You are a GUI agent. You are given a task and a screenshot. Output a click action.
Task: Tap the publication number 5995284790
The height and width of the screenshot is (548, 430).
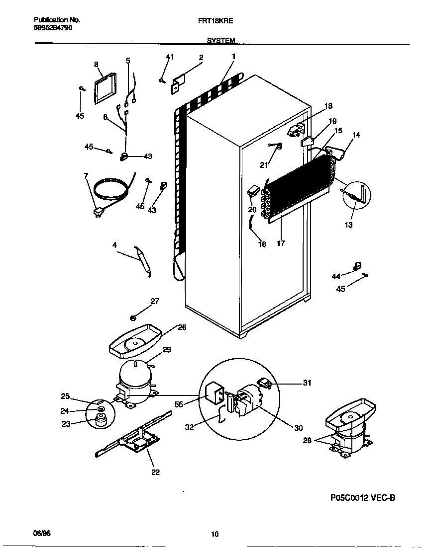coord(54,28)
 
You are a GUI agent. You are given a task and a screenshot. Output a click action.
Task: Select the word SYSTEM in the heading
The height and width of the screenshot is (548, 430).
coord(220,41)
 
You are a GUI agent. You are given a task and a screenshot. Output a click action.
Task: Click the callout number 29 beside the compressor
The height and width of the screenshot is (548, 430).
coord(166,350)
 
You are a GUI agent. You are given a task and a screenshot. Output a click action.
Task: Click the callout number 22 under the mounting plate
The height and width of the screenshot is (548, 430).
coord(155,472)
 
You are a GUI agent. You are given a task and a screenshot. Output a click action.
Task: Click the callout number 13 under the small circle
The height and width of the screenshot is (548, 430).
coord(348,225)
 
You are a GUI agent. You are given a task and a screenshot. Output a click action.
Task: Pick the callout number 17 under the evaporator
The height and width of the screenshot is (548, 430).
coord(281,243)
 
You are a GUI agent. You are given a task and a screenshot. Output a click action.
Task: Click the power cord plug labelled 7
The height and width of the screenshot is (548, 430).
coord(99,213)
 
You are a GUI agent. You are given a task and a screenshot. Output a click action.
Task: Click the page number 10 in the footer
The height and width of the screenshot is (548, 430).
coord(215,535)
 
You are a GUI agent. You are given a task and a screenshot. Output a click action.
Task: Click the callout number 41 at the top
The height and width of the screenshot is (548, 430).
coord(170,58)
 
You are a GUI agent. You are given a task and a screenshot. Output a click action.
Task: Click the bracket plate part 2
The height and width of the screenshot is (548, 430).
coord(178,84)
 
